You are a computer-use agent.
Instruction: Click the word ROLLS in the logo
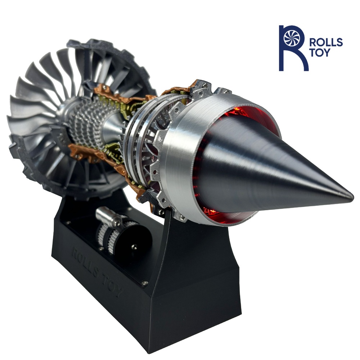326,43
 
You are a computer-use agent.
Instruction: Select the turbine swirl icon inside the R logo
292,37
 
